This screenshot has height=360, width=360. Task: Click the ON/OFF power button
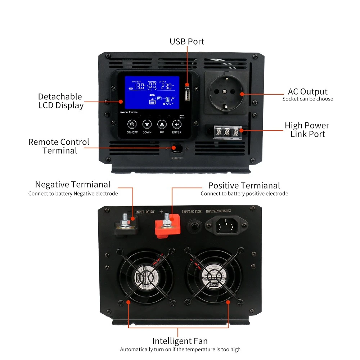click(x=132, y=125)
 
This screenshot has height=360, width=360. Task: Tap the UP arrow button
click(x=162, y=125)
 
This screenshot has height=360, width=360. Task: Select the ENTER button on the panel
click(x=177, y=125)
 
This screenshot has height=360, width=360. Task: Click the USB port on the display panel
click(x=187, y=96)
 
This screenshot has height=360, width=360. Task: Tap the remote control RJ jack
click(x=176, y=148)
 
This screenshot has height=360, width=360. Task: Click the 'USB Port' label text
click(x=187, y=42)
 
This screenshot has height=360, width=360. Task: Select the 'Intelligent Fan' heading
click(x=180, y=341)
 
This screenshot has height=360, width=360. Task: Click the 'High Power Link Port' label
click(x=307, y=130)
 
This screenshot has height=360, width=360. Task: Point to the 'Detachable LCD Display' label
click(x=60, y=101)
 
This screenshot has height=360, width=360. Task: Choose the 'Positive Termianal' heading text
click(x=244, y=185)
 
